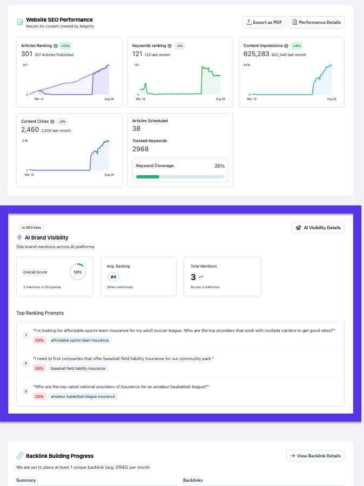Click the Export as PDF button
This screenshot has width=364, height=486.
(x=264, y=22)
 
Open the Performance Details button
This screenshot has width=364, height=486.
(x=316, y=22)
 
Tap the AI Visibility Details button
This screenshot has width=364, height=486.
(x=318, y=228)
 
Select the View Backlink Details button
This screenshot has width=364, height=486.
(x=315, y=456)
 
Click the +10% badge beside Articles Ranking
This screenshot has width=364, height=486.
(x=65, y=46)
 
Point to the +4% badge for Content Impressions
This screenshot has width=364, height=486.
(x=296, y=46)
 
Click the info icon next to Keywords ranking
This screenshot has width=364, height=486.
(x=170, y=46)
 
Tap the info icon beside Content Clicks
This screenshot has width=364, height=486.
(x=52, y=122)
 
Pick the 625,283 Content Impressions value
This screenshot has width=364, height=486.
(x=256, y=54)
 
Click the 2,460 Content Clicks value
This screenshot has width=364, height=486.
(x=30, y=130)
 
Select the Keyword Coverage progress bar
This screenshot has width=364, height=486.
(x=180, y=176)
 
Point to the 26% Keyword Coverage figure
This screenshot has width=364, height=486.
(x=219, y=165)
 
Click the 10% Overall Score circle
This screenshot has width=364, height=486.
(x=78, y=272)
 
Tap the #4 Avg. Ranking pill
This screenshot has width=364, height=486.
(x=113, y=277)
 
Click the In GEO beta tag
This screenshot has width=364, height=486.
(x=31, y=228)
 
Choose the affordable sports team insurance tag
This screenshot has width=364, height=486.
(x=80, y=340)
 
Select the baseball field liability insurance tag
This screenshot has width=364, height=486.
(x=78, y=368)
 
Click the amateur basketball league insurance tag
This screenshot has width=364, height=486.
(x=83, y=396)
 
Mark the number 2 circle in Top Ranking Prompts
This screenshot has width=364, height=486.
(x=25, y=363)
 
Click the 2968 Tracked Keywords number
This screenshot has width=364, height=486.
(x=140, y=149)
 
